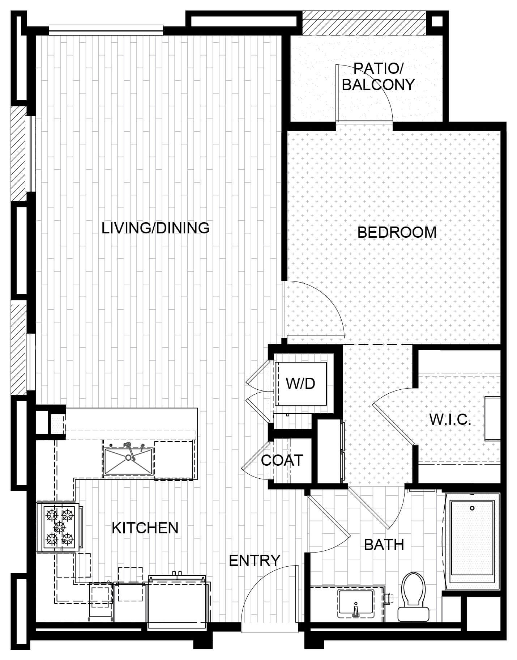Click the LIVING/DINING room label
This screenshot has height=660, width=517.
coord(155,228)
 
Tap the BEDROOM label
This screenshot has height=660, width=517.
coord(397,232)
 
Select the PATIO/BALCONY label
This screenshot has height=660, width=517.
coord(378,76)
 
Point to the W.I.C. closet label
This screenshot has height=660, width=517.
coord(450,420)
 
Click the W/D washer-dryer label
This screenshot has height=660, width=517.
coord(300,384)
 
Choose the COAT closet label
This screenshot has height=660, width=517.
coord(282,460)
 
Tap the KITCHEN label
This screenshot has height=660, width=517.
coord(145,528)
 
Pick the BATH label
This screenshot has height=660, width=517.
coord(384,545)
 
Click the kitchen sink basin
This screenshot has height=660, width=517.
coord(128,461)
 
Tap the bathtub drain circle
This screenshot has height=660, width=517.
coord(472,508)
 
